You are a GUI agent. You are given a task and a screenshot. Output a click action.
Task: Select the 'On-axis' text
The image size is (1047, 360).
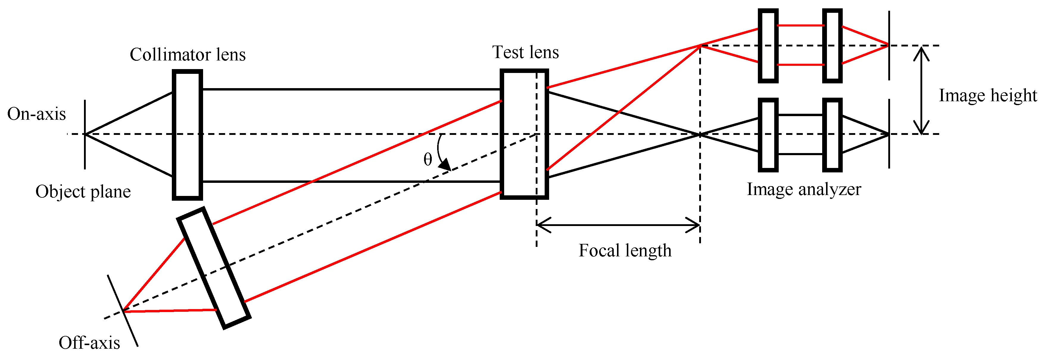[x=37, y=114]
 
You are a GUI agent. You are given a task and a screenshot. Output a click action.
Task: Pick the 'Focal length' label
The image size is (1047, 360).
[x=625, y=251]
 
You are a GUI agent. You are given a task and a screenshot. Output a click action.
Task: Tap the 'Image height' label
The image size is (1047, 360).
[x=988, y=96]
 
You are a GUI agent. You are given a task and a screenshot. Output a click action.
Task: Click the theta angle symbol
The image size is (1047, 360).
[x=428, y=160]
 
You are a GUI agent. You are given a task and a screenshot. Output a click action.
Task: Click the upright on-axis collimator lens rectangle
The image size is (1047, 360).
[x=187, y=135]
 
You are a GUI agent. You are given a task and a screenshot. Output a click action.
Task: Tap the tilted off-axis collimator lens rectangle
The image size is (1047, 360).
[x=214, y=268]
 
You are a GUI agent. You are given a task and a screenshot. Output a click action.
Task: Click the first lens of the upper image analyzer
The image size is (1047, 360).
[x=768, y=46]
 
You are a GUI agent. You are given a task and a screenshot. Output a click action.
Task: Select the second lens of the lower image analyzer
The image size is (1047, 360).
[x=832, y=135]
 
